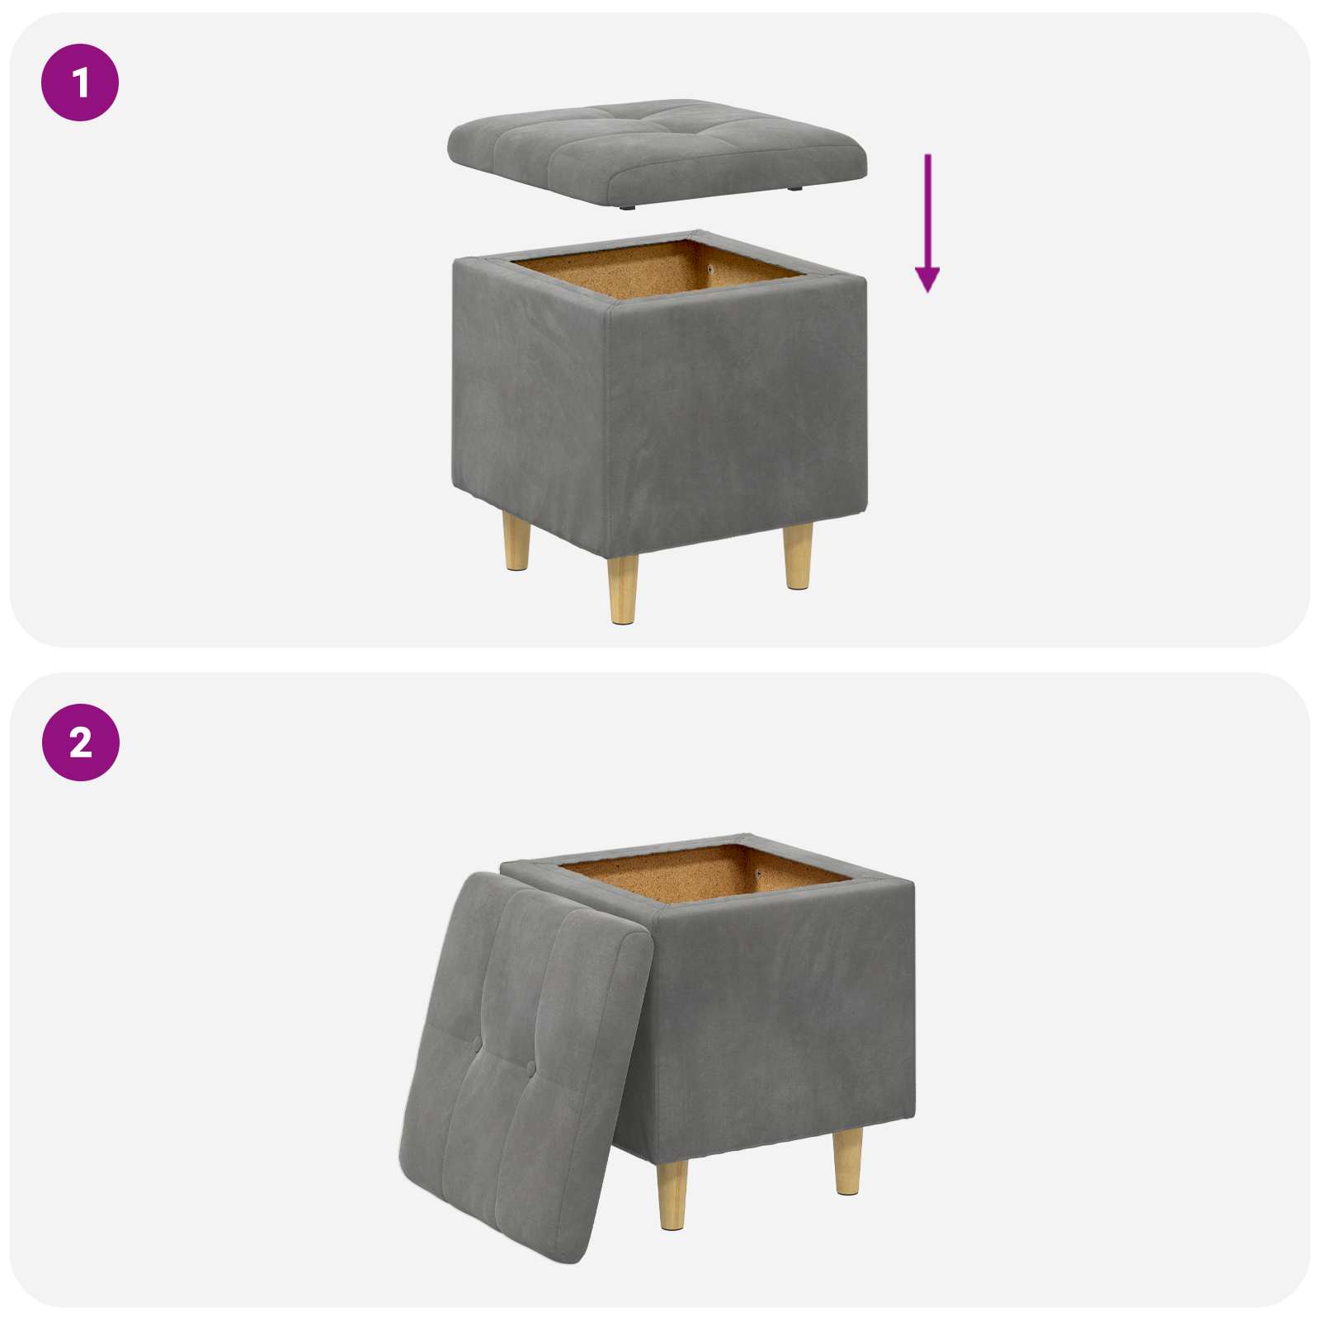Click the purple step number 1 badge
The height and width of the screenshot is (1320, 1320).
[x=80, y=82]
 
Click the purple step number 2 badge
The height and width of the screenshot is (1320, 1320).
[x=80, y=742]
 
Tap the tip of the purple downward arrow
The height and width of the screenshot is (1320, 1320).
[x=928, y=292]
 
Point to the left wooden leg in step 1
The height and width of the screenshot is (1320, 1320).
[x=517, y=540]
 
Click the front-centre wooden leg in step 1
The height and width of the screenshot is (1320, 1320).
[x=623, y=588]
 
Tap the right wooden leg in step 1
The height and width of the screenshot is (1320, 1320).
[x=798, y=556]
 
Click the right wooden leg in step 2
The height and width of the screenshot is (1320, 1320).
[x=847, y=1162]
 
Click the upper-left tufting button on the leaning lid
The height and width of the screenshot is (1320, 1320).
[x=477, y=1042]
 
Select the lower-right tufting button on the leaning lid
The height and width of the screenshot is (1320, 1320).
[x=529, y=1070]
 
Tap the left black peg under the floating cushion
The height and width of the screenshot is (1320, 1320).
[x=629, y=209]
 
